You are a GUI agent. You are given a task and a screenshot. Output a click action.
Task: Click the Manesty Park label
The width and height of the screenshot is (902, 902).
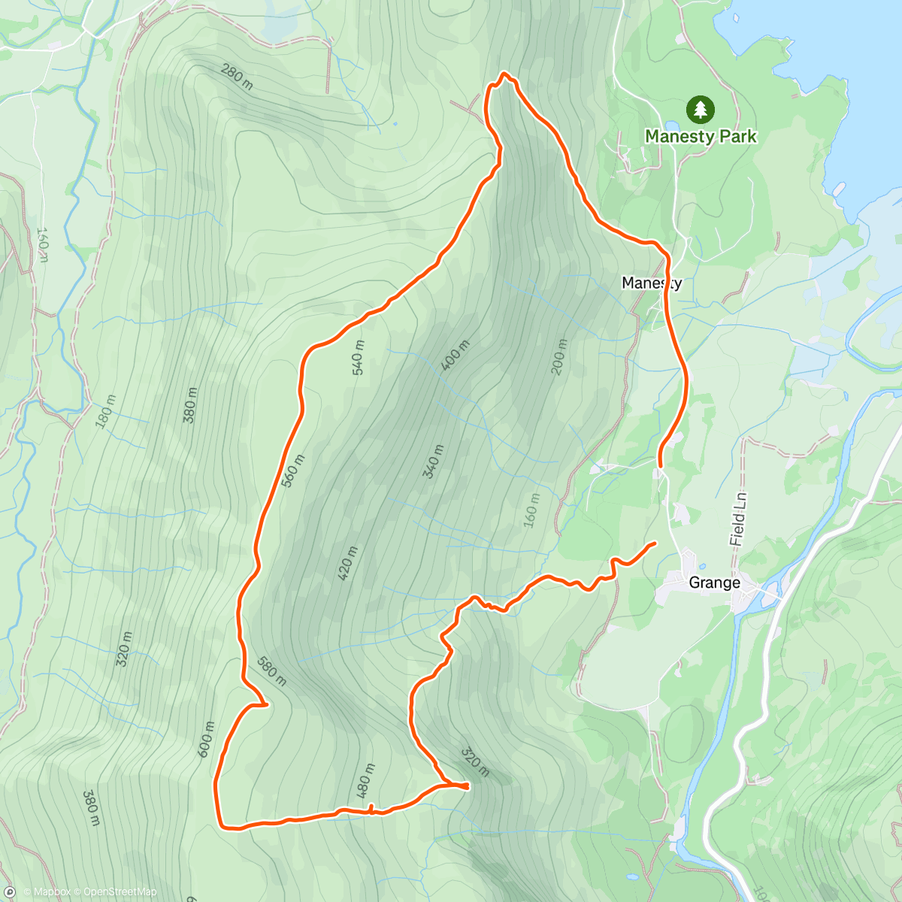tap(701, 137)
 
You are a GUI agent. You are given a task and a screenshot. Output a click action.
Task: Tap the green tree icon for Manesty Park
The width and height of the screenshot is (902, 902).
tap(701, 110)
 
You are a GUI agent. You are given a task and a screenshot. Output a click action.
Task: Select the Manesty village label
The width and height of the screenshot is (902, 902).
tap(651, 283)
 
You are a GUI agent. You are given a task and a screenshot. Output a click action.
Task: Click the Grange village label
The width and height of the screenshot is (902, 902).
tap(714, 583)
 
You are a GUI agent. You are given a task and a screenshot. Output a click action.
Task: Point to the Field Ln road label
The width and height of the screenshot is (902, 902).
tap(739, 519)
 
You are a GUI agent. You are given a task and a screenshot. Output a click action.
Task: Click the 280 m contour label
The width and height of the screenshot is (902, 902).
tap(237, 77)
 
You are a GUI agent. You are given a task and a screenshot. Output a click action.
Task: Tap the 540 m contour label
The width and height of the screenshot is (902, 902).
tap(358, 358)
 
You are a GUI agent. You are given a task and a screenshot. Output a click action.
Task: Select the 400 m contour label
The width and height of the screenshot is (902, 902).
tap(456, 355)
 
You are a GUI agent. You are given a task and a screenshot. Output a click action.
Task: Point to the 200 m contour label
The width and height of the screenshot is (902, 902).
tap(559, 357)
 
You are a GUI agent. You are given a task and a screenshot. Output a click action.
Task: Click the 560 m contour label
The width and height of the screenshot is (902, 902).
tap(293, 471)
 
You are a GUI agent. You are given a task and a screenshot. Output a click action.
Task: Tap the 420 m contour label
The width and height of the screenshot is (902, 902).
tap(347, 563)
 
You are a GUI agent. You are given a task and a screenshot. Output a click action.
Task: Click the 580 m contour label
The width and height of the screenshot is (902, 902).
tap(271, 671)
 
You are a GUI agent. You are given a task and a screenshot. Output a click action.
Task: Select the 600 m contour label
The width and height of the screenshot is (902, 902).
tap(205, 740)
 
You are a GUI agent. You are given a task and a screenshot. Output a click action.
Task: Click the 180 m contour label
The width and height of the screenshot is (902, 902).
tap(106, 412)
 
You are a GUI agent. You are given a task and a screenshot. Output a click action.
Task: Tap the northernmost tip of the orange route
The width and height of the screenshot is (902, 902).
tap(504, 74)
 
